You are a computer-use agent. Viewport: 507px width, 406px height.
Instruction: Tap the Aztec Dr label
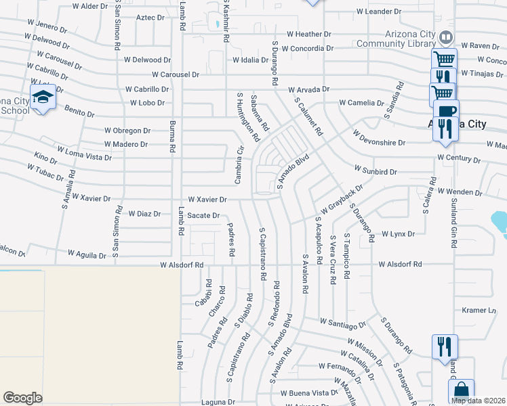tap(151, 18)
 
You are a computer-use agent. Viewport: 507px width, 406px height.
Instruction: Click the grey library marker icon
tap(445, 37)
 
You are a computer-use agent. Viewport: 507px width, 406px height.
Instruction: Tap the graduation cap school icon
tap(43, 97)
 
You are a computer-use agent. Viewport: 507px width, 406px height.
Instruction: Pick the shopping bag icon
tap(461, 391)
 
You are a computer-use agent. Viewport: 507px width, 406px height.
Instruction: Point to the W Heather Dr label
tap(308, 33)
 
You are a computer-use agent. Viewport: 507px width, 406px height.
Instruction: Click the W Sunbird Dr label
tap(375, 172)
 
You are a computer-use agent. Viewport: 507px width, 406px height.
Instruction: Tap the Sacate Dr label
tap(203, 215)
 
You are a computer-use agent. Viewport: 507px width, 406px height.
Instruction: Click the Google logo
tap(22, 398)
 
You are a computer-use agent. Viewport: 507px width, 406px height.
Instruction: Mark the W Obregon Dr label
tap(127, 130)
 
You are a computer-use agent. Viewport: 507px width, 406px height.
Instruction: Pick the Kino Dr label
tap(45, 160)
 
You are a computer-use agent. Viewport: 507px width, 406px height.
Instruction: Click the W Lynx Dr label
tap(397, 234)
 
